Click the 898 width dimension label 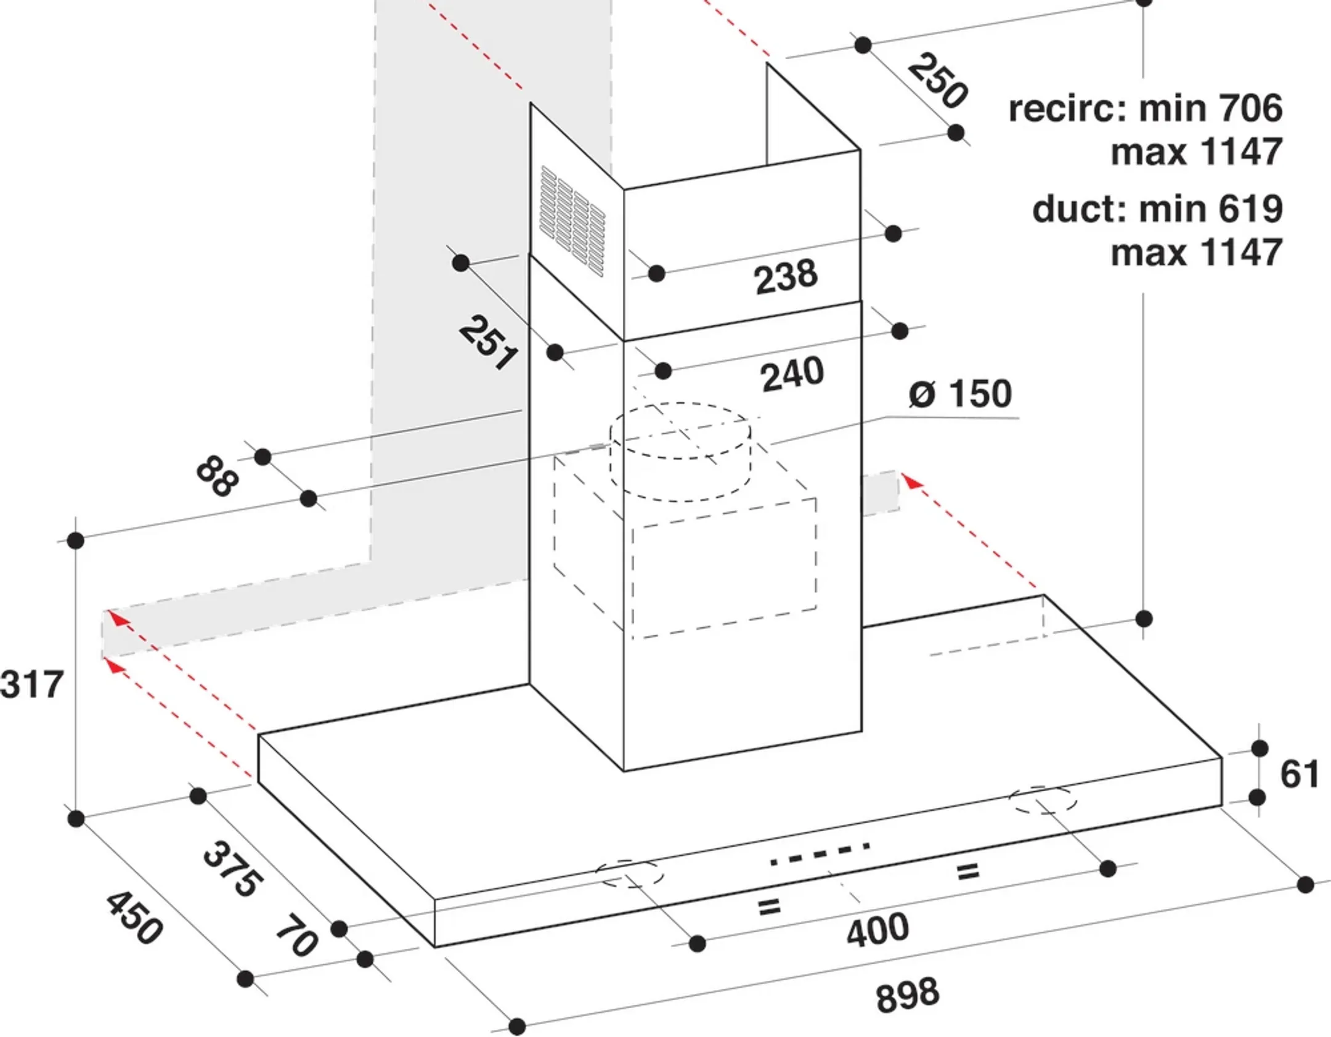pyautogui.click(x=907, y=994)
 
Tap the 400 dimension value pyautogui.click(x=877, y=930)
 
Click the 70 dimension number pyautogui.click(x=296, y=936)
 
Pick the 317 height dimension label pyautogui.click(x=32, y=684)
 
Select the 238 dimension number pyautogui.click(x=786, y=277)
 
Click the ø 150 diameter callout pyautogui.click(x=960, y=394)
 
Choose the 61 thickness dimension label pyautogui.click(x=1299, y=774)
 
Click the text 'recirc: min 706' pyautogui.click(x=1145, y=108)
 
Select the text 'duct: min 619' pyautogui.click(x=1157, y=209)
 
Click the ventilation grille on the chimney pyautogui.click(x=572, y=220)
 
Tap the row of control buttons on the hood pyautogui.click(x=820, y=854)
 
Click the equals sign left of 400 pyautogui.click(x=768, y=906)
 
